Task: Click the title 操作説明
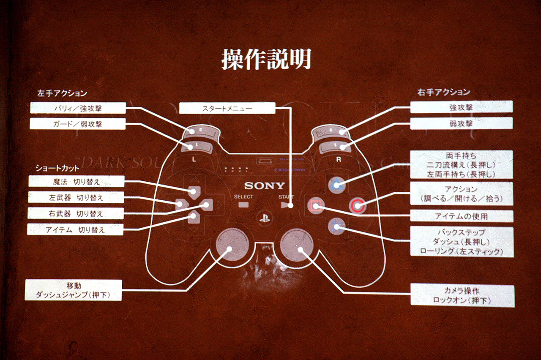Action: pyautogui.click(x=266, y=59)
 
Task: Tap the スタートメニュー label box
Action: pyautogui.click(x=227, y=109)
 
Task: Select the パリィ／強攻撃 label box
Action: pyautogui.click(x=78, y=108)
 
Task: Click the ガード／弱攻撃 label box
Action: pyautogui.click(x=78, y=124)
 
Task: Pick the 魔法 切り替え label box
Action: pyautogui.click(x=77, y=182)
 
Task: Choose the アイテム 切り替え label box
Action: pyautogui.click(x=75, y=230)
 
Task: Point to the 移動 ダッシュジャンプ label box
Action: pyautogui.click(x=73, y=290)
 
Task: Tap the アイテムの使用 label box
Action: pyautogui.click(x=462, y=216)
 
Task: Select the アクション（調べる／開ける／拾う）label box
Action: pyautogui.click(x=462, y=194)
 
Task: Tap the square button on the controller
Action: pyautogui.click(x=316, y=206)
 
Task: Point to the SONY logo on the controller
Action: pyautogui.click(x=265, y=186)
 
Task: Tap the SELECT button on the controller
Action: pyautogui.click(x=243, y=205)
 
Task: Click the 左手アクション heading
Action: pyautogui.click(x=62, y=93)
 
